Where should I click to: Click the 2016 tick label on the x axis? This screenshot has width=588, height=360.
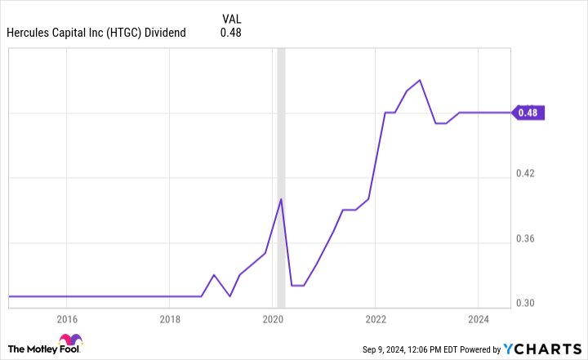pyautogui.click(x=67, y=318)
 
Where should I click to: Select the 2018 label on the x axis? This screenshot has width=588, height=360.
pyautogui.click(x=170, y=318)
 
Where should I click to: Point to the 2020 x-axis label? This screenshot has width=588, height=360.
pyautogui.click(x=273, y=318)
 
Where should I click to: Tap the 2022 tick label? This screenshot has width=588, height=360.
pyautogui.click(x=376, y=318)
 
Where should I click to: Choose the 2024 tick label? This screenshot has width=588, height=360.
pyautogui.click(x=479, y=318)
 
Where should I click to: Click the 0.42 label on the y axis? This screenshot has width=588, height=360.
pyautogui.click(x=527, y=174)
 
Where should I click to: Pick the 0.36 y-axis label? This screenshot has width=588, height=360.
pyautogui.click(x=527, y=239)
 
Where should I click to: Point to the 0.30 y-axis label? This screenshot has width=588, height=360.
pyautogui.click(x=527, y=303)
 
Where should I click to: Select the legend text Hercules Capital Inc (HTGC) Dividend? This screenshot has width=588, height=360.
pyautogui.click(x=96, y=33)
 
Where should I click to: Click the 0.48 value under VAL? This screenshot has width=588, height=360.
pyautogui.click(x=231, y=33)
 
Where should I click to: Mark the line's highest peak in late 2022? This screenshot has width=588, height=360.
pyautogui.click(x=420, y=80)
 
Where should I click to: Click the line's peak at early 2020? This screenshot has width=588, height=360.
pyautogui.click(x=281, y=198)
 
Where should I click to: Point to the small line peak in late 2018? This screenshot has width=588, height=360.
pyautogui.click(x=214, y=274)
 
